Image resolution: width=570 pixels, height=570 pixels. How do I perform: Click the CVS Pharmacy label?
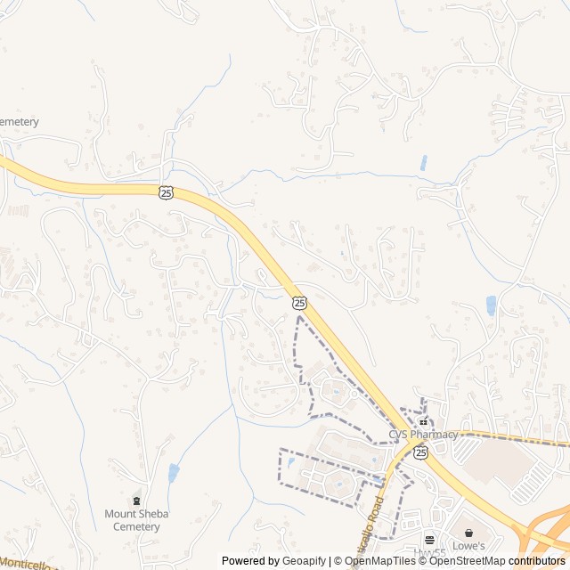coord(422,435)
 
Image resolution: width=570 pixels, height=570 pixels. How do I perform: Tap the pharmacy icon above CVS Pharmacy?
coord(423,421)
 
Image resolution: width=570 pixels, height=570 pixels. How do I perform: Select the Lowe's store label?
coord(468,546)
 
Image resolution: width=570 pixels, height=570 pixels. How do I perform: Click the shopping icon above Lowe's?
coord(468,533)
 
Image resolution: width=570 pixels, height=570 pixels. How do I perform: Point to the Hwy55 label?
coord(429,552)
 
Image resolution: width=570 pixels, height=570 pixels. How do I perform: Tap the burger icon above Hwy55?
coord(429,540)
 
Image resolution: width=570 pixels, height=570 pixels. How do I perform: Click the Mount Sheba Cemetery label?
coord(137,520)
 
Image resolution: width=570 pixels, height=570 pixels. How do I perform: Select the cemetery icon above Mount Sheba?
coord(136,501)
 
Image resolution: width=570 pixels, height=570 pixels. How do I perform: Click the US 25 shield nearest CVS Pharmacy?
coord(419,453)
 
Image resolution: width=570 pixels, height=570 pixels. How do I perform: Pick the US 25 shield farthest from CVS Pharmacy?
coord(167,192)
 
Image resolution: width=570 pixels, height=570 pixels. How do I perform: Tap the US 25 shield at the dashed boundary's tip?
coord(299,304)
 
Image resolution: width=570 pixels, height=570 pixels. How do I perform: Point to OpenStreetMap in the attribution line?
coord(468,561)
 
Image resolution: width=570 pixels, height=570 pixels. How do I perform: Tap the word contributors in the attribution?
coord(537,561)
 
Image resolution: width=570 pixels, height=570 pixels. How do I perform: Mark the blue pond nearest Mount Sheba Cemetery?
coord(173,473)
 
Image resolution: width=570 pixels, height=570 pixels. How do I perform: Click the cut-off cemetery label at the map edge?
coord(19,122)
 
